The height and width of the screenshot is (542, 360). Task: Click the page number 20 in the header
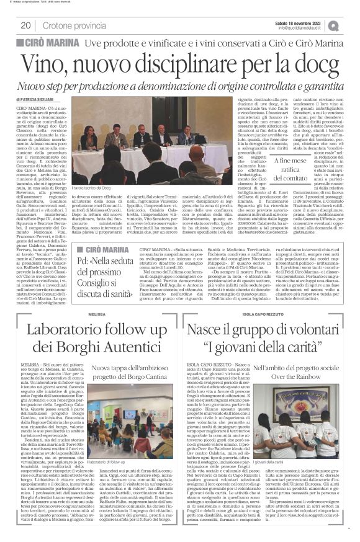[x=25, y=25]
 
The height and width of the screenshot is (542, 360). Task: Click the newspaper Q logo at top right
[x=351, y=25]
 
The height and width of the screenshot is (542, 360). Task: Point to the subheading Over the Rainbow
[x=294, y=376]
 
